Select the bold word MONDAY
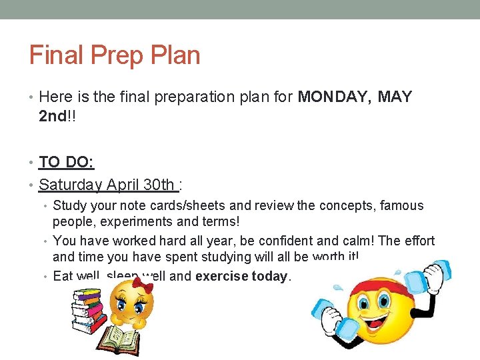pos(334,97)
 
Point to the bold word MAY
pos(395,97)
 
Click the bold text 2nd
pos(53,117)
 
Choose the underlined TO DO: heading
pos(67,162)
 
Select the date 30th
pos(159,185)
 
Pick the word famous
pos(401,206)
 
